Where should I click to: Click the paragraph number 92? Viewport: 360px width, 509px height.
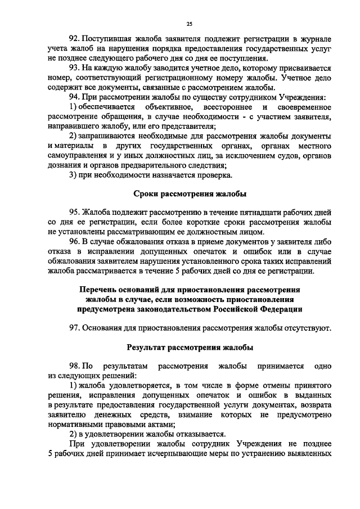74,39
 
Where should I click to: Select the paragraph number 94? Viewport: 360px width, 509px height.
74,97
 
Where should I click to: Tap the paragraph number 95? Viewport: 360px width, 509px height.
74,213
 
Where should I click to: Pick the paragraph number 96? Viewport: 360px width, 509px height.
74,242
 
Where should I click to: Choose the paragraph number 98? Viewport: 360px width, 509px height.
74,366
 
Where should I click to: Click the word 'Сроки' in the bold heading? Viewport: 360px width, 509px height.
147,193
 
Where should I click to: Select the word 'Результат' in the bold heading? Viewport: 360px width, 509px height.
149,347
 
